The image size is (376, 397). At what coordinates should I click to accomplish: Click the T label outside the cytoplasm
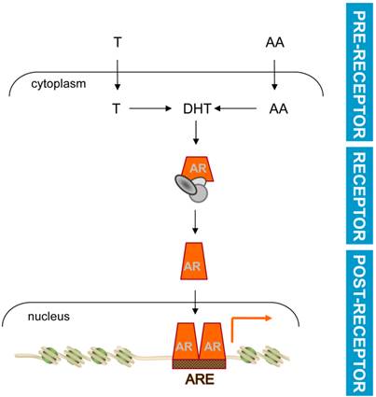pos(117,42)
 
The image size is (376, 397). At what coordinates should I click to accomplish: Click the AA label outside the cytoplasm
pos(273,42)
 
